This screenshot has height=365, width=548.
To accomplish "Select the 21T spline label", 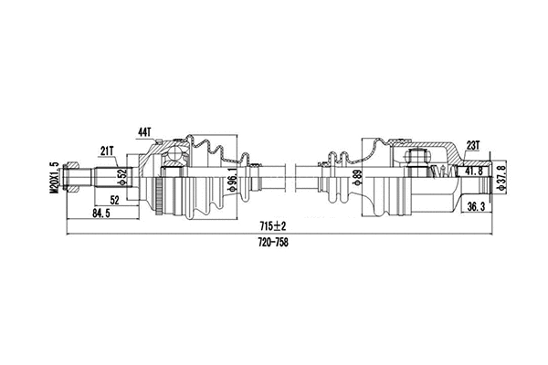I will click(107, 150).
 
